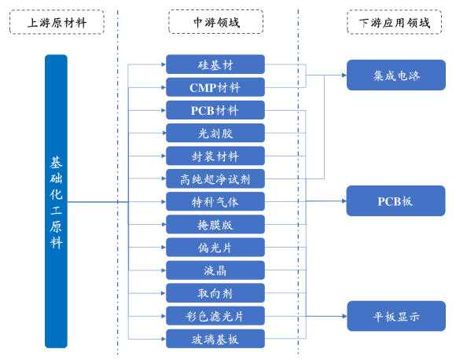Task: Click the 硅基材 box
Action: (x=215, y=64)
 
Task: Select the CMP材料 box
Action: (x=215, y=87)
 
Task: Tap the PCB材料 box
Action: (x=215, y=110)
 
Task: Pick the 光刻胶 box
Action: (x=215, y=133)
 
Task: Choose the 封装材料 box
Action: (x=215, y=156)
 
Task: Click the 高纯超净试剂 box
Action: (x=215, y=178)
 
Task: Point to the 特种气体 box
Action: (x=215, y=201)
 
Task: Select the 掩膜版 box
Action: (x=215, y=224)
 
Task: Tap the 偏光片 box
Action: (x=215, y=247)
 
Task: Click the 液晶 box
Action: (x=215, y=270)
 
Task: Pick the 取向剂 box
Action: (x=215, y=293)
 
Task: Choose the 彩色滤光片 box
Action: (x=215, y=316)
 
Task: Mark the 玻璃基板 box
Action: (x=215, y=339)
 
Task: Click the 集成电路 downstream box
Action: (x=396, y=75)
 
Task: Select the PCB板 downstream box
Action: (x=395, y=201)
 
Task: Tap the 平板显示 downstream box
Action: (x=396, y=316)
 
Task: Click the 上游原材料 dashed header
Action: (x=57, y=22)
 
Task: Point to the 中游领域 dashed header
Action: (x=215, y=21)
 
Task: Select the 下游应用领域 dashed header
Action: (x=395, y=22)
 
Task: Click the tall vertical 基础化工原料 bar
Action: (x=56, y=201)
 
